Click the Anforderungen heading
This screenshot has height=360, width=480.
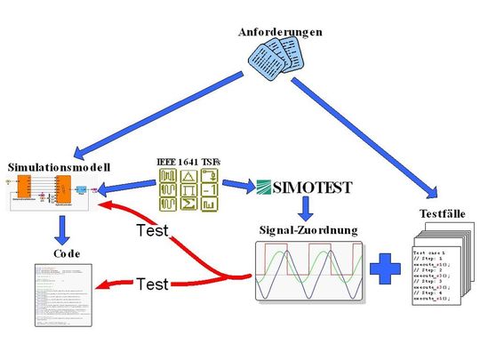pos(280,32)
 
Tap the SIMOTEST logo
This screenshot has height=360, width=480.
pos(304,187)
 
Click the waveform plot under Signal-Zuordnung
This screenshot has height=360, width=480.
pos(308,271)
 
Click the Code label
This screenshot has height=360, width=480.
pos(67,253)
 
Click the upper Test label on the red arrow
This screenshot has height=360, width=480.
pos(155,232)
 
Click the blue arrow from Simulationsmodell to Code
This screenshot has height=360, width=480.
pos(63,229)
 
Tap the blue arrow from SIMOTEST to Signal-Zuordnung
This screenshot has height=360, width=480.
pos(305,208)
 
